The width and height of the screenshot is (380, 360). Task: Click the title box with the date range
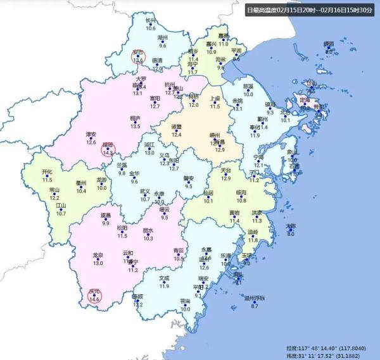pos(312,10)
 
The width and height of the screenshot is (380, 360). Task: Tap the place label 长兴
pos(150,21)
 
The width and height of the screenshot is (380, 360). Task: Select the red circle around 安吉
pos(139,56)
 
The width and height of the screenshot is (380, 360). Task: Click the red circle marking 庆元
pos(95,295)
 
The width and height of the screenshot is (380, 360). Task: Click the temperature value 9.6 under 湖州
pos(162,46)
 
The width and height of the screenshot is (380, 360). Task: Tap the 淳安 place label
pos(91,134)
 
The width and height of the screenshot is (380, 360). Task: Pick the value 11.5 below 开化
pos(47,180)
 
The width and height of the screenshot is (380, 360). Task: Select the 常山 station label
pos(54,189)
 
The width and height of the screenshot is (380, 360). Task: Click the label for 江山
pos(61,206)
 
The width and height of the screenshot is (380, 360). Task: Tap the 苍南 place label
pos(185,301)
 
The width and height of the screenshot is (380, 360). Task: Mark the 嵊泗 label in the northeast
pos(328,44)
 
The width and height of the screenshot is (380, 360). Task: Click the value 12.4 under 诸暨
pos(177,135)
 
